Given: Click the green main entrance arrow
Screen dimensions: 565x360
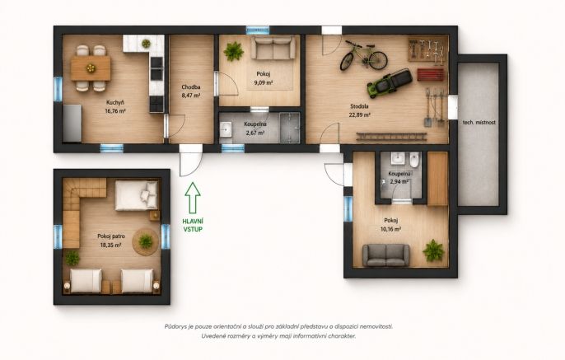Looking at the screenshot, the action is tap(193, 198).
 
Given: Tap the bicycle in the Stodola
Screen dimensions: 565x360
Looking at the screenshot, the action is tap(363, 55).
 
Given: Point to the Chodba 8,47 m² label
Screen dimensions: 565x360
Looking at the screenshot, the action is tap(191, 91).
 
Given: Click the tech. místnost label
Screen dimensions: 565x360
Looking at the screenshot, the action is tap(479, 122).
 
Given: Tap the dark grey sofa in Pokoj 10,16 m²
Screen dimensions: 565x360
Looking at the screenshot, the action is tap(386, 255).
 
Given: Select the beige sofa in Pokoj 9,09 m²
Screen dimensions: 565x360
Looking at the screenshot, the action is tap(273, 47).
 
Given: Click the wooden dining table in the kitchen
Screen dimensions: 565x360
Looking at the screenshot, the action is tap(91, 68).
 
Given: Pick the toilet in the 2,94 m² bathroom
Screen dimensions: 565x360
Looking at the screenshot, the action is tap(415, 159).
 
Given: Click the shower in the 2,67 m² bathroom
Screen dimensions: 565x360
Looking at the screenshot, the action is tap(290, 127).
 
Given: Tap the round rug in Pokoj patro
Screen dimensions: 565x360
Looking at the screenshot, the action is tap(145, 241).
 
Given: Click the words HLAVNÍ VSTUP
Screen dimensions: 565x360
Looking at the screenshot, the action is tap(193, 225).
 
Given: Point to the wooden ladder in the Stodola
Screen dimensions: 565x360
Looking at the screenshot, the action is tap(392, 137).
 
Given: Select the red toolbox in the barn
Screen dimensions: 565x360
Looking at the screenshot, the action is tap(431, 75).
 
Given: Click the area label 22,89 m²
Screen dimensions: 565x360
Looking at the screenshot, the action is tap(359, 115).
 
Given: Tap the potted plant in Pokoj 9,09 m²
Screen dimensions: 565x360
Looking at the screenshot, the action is tap(234, 51).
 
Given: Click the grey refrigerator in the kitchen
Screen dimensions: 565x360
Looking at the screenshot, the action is tap(72, 123).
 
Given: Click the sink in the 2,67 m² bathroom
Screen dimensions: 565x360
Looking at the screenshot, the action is tap(226, 129).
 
